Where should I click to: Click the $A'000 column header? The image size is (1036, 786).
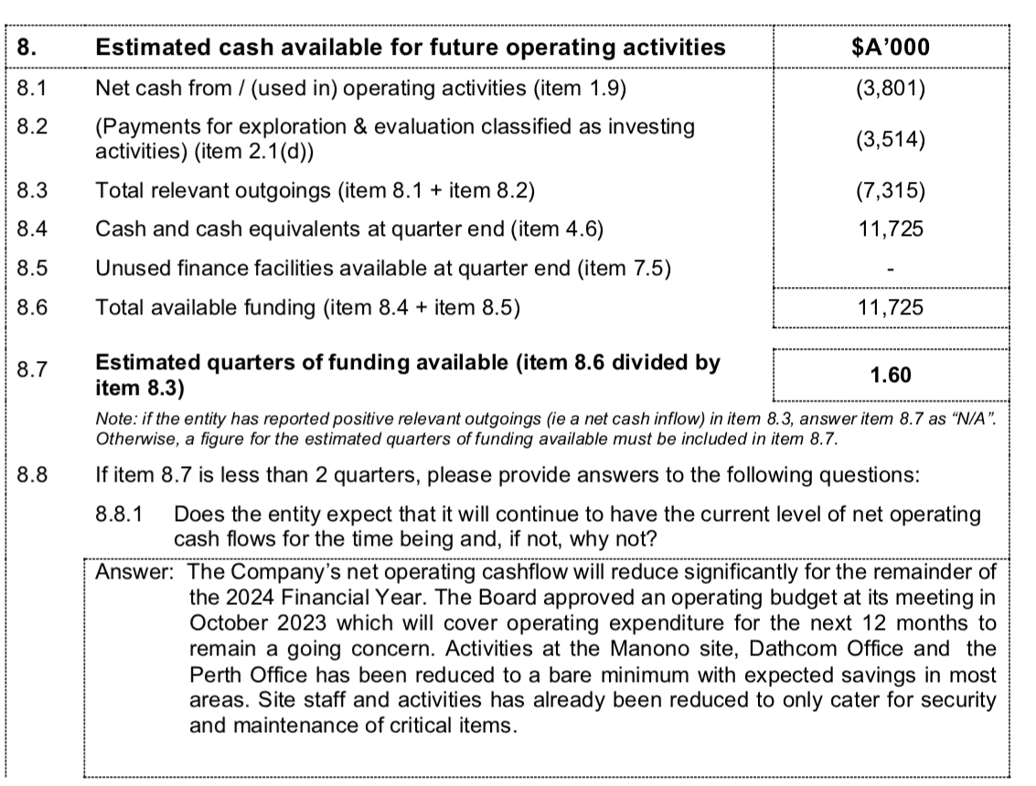coord(891,48)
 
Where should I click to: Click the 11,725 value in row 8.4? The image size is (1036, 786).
coord(891,229)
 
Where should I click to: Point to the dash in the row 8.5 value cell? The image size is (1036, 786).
coord(892,270)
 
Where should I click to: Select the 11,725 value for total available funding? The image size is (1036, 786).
coord(891,308)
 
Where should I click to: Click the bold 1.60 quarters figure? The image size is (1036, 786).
coord(891,375)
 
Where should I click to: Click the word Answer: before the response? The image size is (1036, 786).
coord(135,573)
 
